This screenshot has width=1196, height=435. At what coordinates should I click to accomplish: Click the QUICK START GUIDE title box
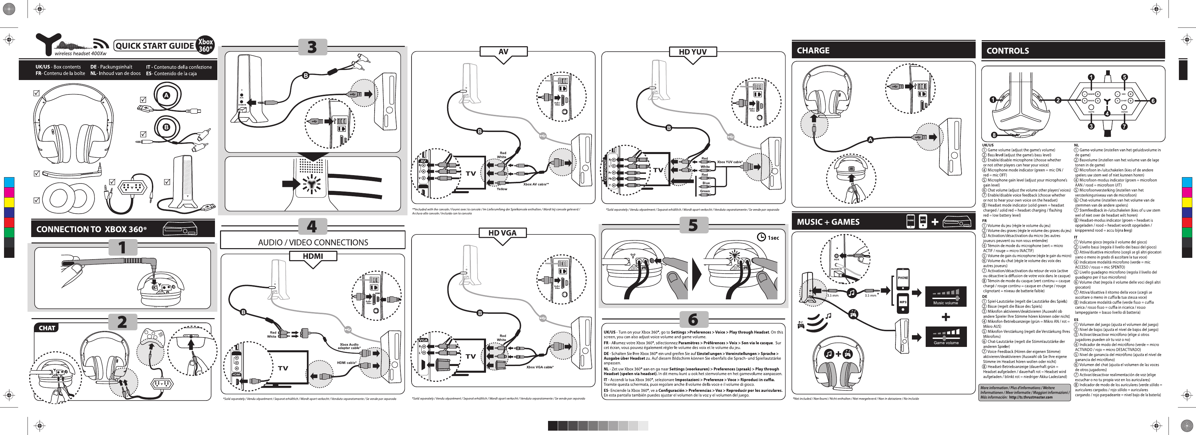[x=155, y=46]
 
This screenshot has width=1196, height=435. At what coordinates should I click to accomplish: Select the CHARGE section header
[x=813, y=51]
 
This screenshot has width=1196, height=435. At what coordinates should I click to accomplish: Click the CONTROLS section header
[x=1008, y=51]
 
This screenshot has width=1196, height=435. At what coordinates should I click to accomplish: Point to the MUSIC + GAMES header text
[x=828, y=222]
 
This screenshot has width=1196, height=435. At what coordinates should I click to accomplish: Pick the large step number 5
[x=693, y=225]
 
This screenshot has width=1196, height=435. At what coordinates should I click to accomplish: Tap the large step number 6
[x=693, y=319]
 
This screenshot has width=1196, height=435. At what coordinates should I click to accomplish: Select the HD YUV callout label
[x=693, y=52]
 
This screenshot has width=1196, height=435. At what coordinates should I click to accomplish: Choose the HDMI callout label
[x=313, y=256]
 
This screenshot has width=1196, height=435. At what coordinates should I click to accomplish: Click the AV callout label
[x=503, y=52]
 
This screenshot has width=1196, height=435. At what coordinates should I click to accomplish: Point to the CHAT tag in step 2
[x=47, y=328]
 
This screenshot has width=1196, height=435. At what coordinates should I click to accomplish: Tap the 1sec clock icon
[x=761, y=237]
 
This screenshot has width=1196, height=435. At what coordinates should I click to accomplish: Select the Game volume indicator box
[x=946, y=336]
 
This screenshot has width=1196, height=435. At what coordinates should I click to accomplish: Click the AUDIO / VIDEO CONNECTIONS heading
[x=313, y=242]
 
